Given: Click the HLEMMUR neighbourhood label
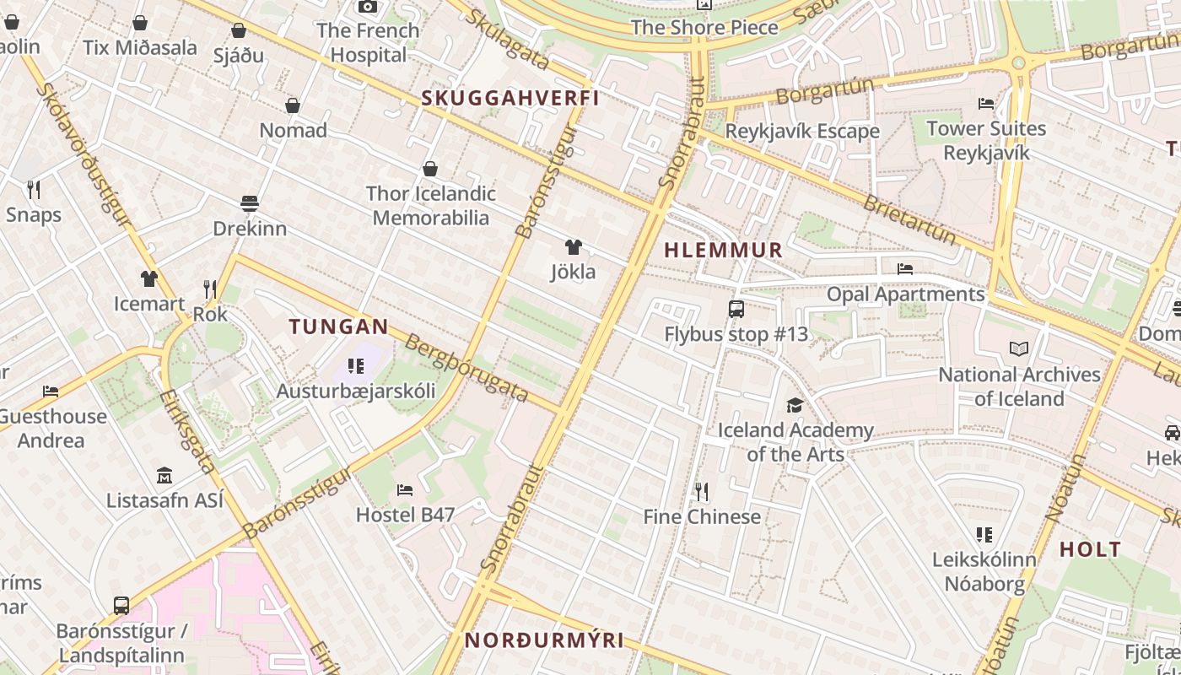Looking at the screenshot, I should [x=723, y=251].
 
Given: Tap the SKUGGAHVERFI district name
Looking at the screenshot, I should [x=510, y=98].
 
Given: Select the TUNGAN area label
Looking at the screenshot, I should [x=338, y=327].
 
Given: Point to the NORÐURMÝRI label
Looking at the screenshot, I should [x=544, y=640].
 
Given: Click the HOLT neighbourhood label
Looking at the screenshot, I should [x=1090, y=549].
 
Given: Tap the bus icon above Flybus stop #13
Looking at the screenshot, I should [x=736, y=309].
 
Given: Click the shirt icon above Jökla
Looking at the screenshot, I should [x=573, y=247].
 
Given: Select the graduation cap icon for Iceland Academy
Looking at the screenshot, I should [x=795, y=406].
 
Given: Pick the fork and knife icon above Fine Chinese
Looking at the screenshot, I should [x=701, y=491].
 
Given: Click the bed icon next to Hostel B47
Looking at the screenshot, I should [x=405, y=490].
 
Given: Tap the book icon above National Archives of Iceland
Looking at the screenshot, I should [x=1019, y=348].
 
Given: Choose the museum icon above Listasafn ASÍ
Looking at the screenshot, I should [x=164, y=476].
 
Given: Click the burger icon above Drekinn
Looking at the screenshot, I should [x=249, y=203].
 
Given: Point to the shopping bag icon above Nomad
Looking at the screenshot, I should [x=293, y=105].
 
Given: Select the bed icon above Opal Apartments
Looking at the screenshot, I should [x=905, y=269].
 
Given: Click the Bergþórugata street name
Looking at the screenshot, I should [x=466, y=368].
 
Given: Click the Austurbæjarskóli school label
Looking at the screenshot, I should [x=356, y=391].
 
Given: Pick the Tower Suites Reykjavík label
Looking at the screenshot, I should [x=986, y=140].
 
